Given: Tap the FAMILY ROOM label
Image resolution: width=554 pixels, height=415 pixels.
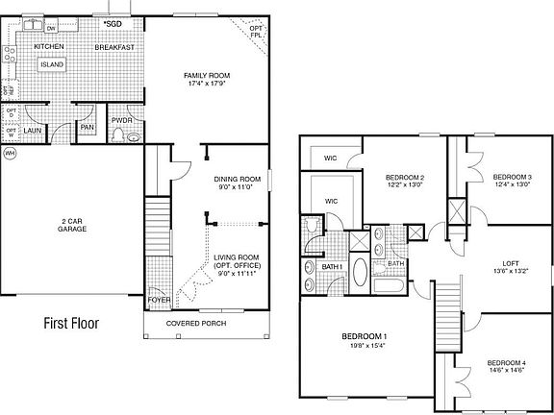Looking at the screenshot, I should coord(207,75).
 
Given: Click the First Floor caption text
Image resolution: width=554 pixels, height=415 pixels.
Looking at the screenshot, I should coord(72,324).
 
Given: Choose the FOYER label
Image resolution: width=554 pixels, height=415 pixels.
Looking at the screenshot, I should coord(159,300).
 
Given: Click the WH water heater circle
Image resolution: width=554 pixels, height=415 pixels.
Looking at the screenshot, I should coord(11,153).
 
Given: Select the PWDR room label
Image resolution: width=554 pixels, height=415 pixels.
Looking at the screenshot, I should coord(122,120).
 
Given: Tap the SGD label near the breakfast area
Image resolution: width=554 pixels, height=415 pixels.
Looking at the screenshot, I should coord(113,22).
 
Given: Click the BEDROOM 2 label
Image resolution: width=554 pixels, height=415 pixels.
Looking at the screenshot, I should coord(405,177).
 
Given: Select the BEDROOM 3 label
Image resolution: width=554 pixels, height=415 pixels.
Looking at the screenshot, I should coord(512,177).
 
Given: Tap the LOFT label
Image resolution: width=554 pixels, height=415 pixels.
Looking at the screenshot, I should coord(512,263).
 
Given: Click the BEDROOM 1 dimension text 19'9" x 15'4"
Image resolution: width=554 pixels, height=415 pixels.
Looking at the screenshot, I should coord(365,347).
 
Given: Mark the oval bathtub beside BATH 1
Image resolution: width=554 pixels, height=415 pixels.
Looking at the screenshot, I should coord(360,273).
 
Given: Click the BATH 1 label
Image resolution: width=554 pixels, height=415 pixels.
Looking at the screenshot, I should coord(333,266).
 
